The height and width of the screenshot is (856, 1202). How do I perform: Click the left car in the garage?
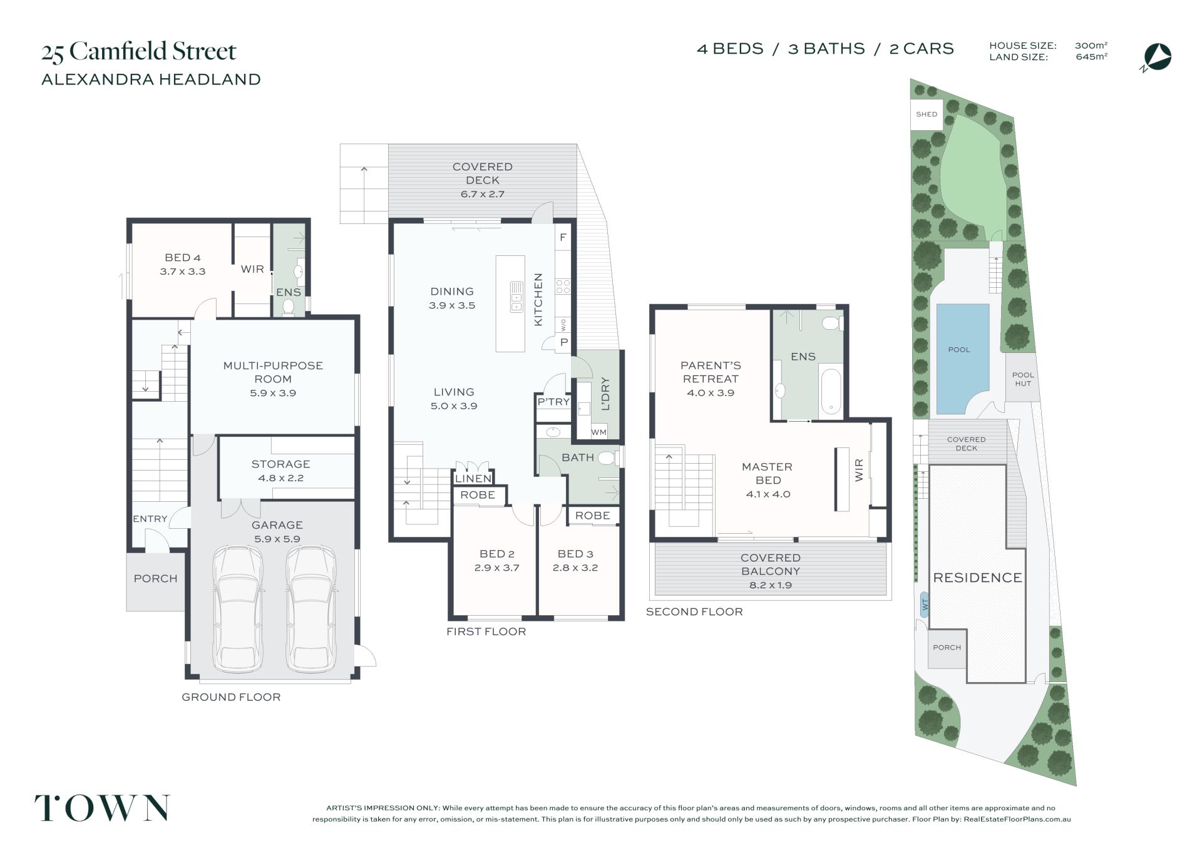click(x=238, y=609)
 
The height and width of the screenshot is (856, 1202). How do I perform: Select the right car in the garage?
click(x=311, y=609)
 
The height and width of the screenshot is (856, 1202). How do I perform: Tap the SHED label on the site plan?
click(x=927, y=115)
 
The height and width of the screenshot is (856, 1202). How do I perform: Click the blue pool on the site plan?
click(x=962, y=359)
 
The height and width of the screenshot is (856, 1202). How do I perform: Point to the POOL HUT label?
click(x=1023, y=379)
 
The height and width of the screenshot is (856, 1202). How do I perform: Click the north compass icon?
click(x=1156, y=58)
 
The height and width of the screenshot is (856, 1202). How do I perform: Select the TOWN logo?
click(x=102, y=808)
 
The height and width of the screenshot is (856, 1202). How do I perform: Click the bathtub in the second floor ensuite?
click(x=831, y=391)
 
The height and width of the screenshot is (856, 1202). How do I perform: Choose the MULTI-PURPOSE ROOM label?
click(x=273, y=372)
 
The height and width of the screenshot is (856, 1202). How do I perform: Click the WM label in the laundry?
click(x=598, y=432)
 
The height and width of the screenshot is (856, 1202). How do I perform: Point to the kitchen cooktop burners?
click(x=563, y=287)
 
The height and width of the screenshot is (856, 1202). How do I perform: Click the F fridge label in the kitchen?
click(x=563, y=238)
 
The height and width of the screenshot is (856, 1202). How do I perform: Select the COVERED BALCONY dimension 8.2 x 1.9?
click(x=770, y=586)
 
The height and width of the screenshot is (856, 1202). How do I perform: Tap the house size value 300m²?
click(x=1091, y=46)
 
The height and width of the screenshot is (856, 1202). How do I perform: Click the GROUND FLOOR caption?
click(x=231, y=697)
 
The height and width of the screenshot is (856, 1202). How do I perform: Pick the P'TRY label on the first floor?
click(x=553, y=402)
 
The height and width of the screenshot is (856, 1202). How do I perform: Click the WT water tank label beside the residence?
click(x=925, y=605)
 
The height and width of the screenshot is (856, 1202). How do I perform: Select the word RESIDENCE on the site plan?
click(x=977, y=578)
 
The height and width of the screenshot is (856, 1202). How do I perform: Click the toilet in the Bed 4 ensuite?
click(x=289, y=307)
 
